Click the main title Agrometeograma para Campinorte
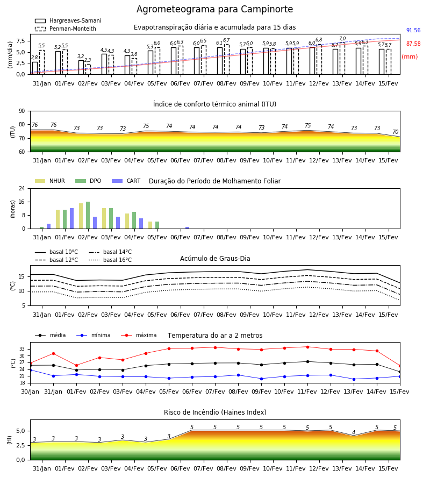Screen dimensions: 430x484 214,9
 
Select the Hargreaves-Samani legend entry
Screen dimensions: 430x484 68,20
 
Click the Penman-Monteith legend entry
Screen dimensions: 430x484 66,29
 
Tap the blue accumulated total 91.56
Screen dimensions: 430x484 413,30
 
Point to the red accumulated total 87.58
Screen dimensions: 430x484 413,44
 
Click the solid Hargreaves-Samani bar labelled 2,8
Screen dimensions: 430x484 35,68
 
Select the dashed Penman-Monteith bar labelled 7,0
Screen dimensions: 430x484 342,58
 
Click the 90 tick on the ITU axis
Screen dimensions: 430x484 22,111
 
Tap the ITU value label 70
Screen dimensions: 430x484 395,132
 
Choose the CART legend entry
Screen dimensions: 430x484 126,181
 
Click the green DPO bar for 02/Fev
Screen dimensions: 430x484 88,215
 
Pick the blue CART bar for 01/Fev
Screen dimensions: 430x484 72,218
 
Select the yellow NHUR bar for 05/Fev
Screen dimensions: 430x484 150,225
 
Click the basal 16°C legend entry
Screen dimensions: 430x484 110,260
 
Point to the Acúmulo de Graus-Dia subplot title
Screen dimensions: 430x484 215,258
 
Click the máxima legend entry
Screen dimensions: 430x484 139,335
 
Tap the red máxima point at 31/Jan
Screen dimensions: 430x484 53,353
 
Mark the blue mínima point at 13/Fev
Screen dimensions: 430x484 354,379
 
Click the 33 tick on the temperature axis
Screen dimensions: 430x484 22,349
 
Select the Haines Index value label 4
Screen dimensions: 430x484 354,432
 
